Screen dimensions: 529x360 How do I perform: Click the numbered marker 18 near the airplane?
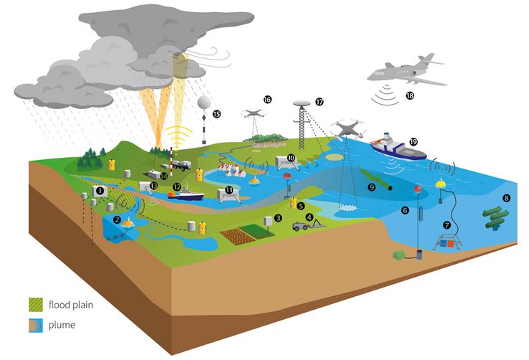(410, 95)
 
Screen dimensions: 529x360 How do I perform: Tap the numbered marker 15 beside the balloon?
(217, 114)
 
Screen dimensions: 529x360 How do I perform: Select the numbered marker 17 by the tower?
(319, 101)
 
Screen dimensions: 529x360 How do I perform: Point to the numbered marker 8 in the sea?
(506, 198)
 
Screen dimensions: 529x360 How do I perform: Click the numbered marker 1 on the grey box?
(100, 191)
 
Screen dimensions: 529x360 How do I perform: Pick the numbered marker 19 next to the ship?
(413, 142)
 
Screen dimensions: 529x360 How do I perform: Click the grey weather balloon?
(205, 102)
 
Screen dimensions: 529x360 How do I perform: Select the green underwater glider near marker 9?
(375, 179)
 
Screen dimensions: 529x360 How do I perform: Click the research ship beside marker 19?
(398, 147)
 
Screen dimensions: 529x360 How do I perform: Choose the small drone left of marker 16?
(253, 113)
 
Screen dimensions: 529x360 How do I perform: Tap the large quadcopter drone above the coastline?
(347, 130)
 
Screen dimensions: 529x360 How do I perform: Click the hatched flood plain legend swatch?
(36, 305)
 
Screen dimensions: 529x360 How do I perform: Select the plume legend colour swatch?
(36, 326)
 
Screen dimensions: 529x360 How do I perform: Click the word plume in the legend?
(62, 326)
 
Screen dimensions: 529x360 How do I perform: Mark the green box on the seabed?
(399, 254)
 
